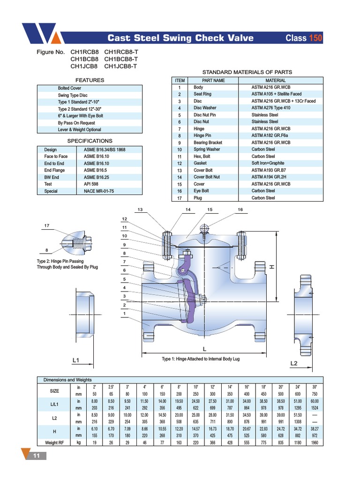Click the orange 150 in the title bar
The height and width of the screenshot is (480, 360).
tap(315, 38)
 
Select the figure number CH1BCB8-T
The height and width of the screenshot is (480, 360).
tap(120, 59)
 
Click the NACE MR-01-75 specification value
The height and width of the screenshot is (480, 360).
tap(99, 191)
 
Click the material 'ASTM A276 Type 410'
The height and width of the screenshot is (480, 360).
tap(271, 108)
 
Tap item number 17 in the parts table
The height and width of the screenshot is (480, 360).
tap(179, 198)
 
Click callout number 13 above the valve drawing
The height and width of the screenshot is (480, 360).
tap(140, 210)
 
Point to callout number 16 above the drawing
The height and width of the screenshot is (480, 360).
tap(240, 210)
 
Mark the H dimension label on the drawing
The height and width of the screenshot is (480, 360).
tap(270, 267)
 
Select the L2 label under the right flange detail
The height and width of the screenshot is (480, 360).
tap(294, 364)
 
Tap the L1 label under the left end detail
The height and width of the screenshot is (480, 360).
tap(76, 360)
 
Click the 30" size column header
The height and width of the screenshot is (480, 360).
tap(315, 387)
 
